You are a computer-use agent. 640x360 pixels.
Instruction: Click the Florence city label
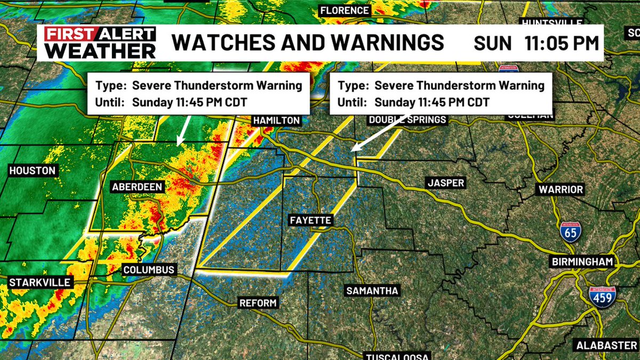pyautogui.click(x=345, y=10)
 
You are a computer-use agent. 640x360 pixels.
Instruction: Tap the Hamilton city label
pyautogui.click(x=276, y=121)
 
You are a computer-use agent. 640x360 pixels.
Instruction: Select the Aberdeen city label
pyautogui.click(x=137, y=187)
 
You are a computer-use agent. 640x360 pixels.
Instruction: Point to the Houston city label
pyautogui.click(x=32, y=171)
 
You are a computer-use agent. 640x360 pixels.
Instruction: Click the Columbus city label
pyautogui.click(x=149, y=270)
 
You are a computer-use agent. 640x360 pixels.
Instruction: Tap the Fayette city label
pyautogui.click(x=311, y=220)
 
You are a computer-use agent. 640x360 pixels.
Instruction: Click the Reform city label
pyautogui.click(x=258, y=303)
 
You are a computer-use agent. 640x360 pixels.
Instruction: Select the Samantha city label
pyautogui.click(x=372, y=291)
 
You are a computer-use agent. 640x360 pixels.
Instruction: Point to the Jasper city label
pyautogui.click(x=446, y=183)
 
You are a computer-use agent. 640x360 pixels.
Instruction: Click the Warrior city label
pyautogui.click(x=561, y=189)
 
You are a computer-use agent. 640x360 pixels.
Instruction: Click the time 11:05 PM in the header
pyautogui.click(x=562, y=43)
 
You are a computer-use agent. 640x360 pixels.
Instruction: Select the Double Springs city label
pyautogui.click(x=407, y=120)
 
